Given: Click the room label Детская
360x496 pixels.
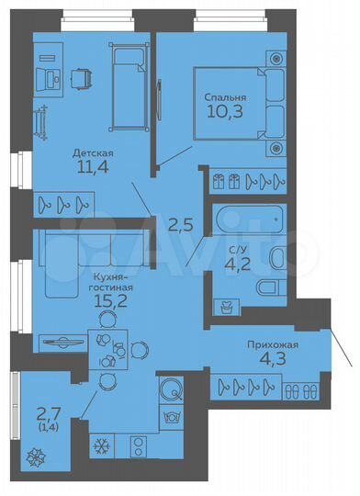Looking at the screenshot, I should [92, 152].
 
